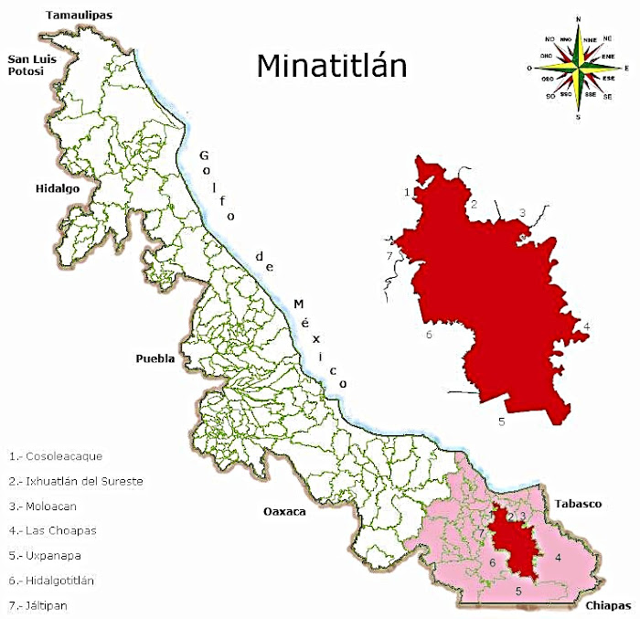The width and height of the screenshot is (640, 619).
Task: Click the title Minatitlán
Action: (x=332, y=66)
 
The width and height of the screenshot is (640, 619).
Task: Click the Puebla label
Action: (x=155, y=358)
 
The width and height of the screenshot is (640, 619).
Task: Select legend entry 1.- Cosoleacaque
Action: (x=56, y=455)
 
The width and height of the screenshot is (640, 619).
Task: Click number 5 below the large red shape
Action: (x=501, y=422)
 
